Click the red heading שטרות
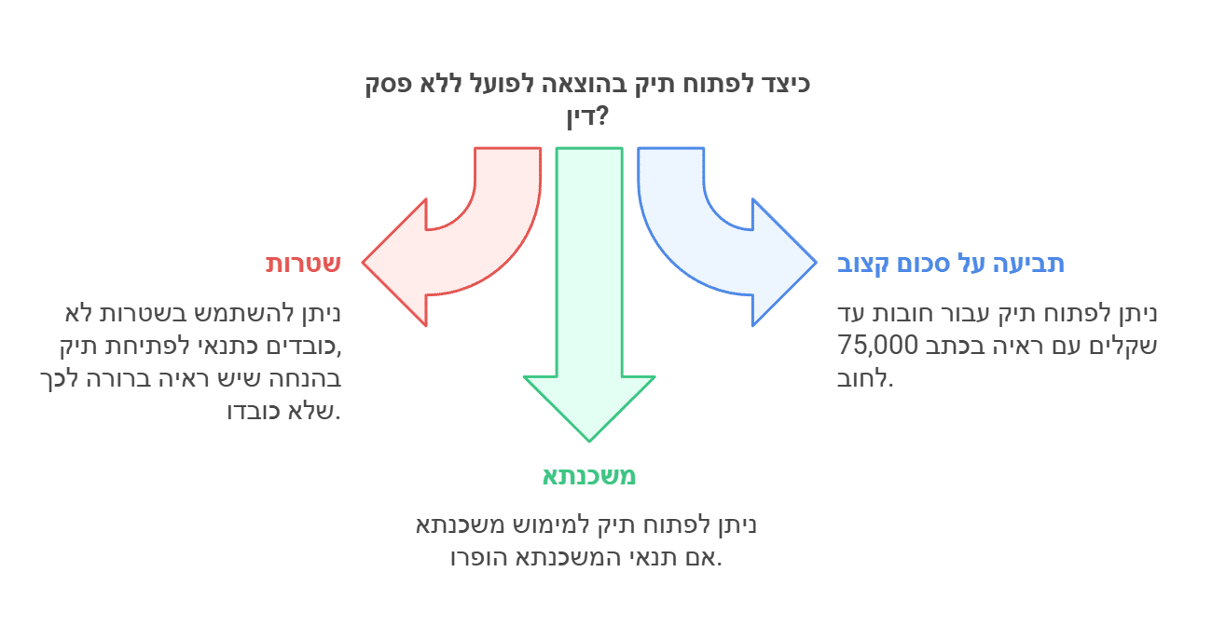point(303,264)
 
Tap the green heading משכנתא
point(589,476)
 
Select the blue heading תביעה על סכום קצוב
point(950,264)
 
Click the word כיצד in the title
point(785,84)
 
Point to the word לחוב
point(866,379)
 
